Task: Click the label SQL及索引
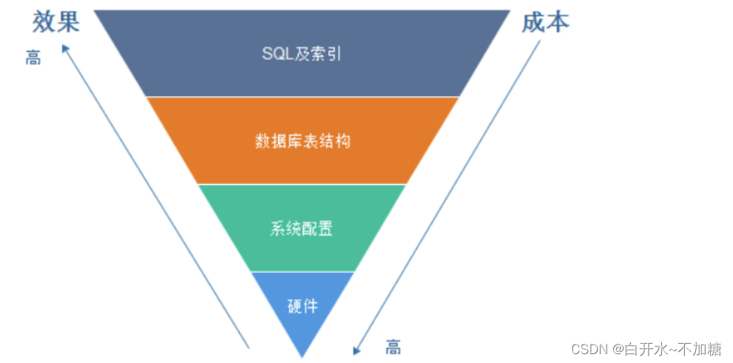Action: coord(302,54)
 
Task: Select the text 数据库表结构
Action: coord(302,140)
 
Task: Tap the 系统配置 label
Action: coord(302,228)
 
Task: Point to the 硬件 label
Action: coord(302,305)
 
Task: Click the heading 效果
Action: coord(55,22)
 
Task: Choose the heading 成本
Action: coord(546,22)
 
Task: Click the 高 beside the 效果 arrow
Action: coord(33,58)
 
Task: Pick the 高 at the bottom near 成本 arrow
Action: coord(393,347)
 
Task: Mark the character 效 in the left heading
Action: coord(44,22)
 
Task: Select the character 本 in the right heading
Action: coord(558,22)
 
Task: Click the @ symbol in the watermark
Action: coord(617,348)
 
